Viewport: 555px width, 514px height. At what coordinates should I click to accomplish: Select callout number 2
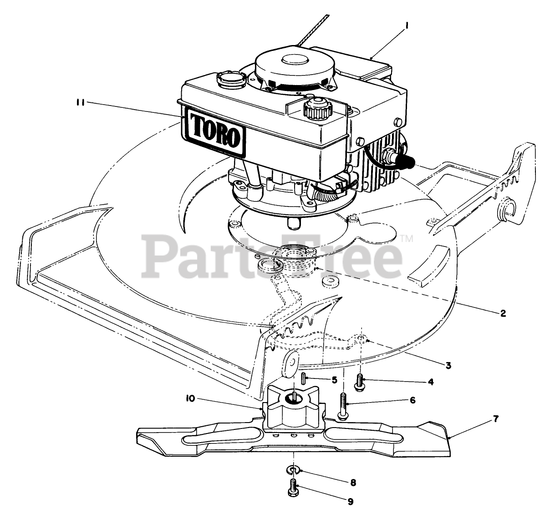(503, 313)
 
